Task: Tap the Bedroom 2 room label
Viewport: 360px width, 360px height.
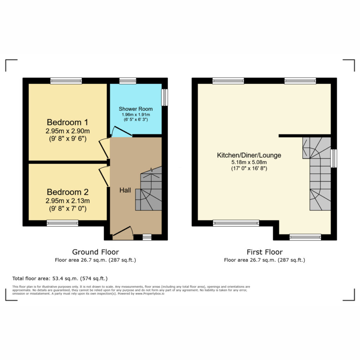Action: pos(67,192)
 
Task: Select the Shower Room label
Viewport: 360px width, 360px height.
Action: pos(136,109)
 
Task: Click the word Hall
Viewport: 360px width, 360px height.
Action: pos(125,190)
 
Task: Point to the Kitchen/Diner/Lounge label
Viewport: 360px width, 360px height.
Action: pos(249,155)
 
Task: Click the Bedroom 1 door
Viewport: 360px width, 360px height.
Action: pos(104,149)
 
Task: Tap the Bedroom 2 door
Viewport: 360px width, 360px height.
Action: pos(104,176)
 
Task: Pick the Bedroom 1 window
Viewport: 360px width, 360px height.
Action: pos(66,81)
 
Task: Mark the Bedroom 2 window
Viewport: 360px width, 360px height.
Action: pos(63,223)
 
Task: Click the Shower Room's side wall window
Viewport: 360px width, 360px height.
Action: pos(165,97)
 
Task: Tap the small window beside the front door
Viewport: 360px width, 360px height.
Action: pos(147,237)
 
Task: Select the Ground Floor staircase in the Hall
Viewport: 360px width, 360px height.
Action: pos(149,188)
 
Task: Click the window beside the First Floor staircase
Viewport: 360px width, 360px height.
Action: pos(334,159)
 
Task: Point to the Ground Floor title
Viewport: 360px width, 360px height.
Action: pos(96,252)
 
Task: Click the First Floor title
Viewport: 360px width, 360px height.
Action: pos(264,252)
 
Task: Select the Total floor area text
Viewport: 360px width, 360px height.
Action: pos(60,278)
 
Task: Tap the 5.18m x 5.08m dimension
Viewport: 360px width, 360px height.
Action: pos(249,162)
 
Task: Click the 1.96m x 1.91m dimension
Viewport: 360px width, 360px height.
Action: pos(136,115)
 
